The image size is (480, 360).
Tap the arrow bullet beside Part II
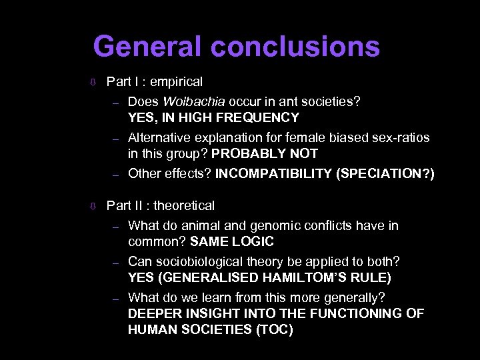pyautogui.click(x=94, y=207)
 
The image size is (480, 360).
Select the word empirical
pyautogui.click(x=176, y=82)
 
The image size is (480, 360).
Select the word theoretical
pyautogui.click(x=184, y=206)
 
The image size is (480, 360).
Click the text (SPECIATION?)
pyautogui.click(x=386, y=174)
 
